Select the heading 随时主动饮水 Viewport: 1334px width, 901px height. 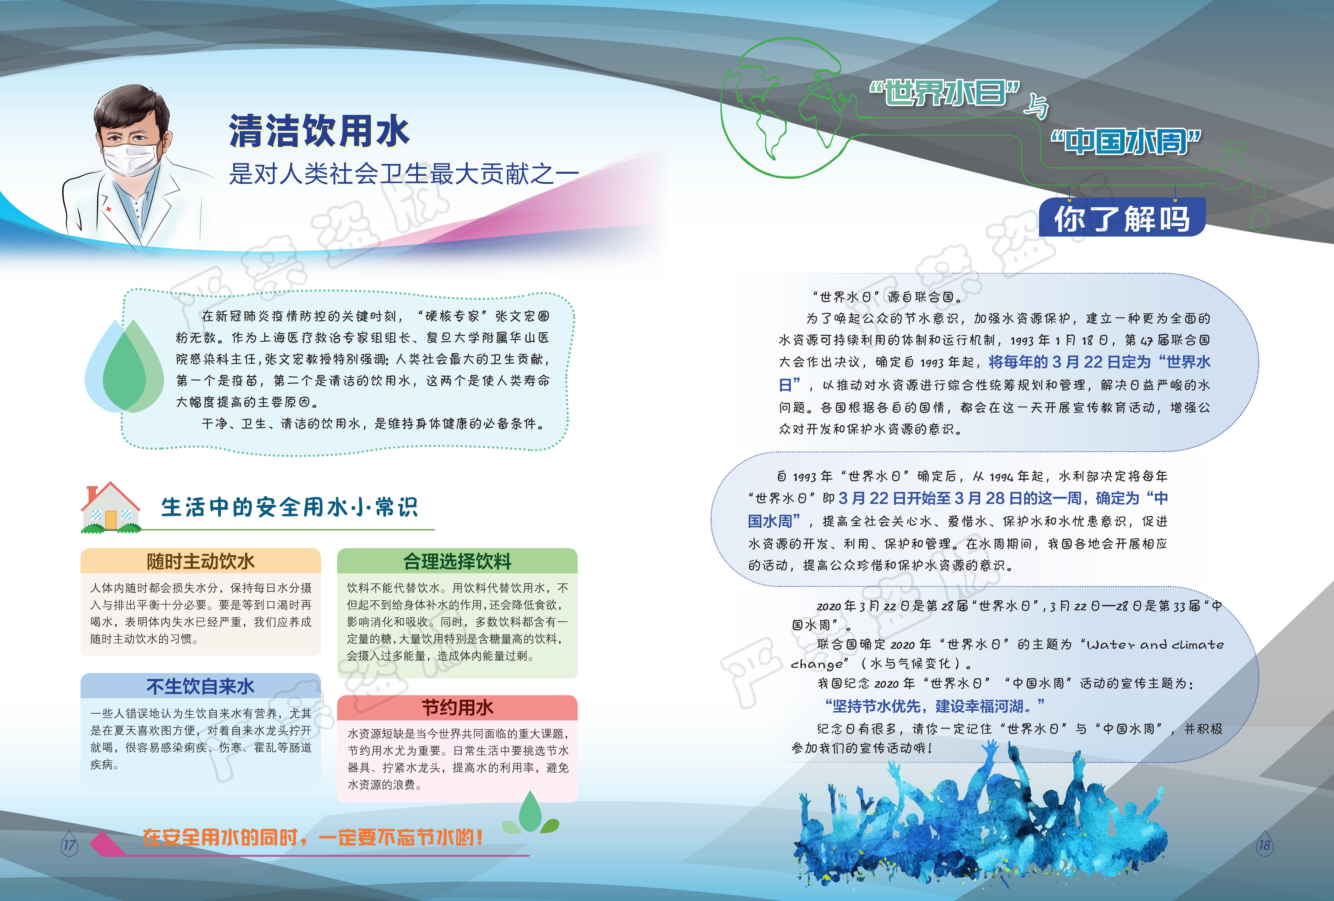pyautogui.click(x=200, y=561)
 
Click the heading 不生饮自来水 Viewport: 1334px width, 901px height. pyautogui.click(x=200, y=686)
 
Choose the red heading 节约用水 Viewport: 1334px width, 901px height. pyautogui.click(x=457, y=708)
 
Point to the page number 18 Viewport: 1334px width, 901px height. pyautogui.click(x=1264, y=845)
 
